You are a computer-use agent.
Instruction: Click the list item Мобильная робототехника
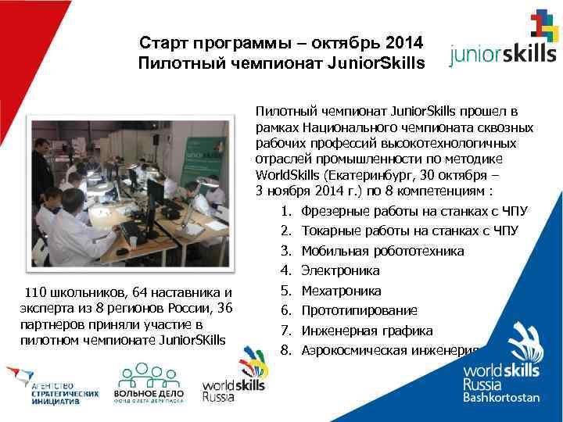(382, 252)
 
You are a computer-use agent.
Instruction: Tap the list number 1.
(285, 212)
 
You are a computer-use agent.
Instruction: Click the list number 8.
(285, 349)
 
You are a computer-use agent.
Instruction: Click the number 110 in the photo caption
(37, 293)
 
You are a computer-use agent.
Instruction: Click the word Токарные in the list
(328, 231)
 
